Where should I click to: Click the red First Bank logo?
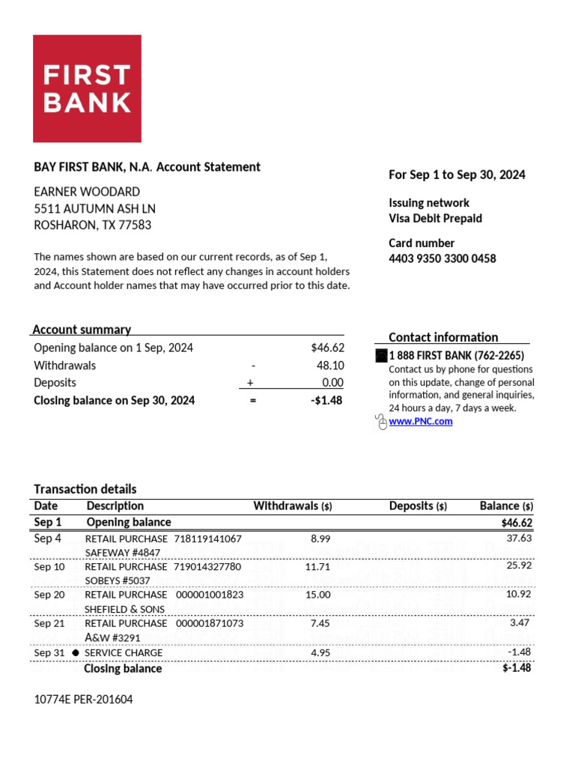pos(87,88)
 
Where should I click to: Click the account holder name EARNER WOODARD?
pos(87,192)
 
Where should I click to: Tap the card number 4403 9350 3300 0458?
pos(442,259)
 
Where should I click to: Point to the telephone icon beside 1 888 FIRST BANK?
pos(380,357)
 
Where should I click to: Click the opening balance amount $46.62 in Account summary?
pos(327,348)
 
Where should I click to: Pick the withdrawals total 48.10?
pos(330,366)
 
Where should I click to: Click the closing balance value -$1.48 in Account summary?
pos(327,401)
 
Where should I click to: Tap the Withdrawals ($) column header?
pos(293,506)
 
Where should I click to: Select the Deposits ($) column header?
pos(418,506)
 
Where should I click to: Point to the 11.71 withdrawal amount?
pos(317,567)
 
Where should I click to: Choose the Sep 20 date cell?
pos(49,595)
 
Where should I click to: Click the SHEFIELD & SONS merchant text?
pos(124,609)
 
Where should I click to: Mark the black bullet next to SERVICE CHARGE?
pos(76,653)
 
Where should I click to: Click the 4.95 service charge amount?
pos(320,653)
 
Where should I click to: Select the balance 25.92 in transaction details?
pos(519,566)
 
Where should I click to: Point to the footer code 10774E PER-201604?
pos(84,700)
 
